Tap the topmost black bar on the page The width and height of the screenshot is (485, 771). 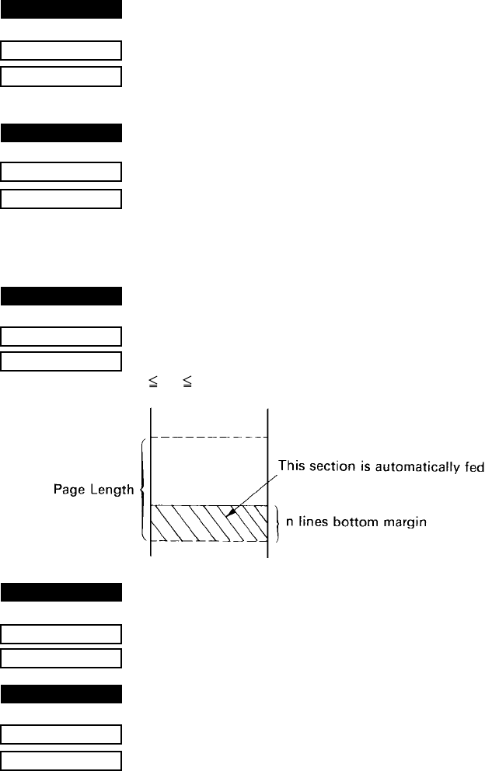click(x=62, y=10)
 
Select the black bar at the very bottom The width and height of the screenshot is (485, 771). click(x=62, y=694)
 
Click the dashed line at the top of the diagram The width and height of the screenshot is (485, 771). click(x=208, y=438)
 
